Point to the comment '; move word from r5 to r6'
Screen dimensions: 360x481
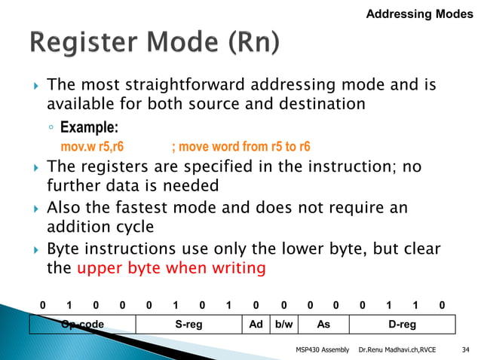pyautogui.click(x=241, y=146)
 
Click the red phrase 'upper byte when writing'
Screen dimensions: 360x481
pyautogui.click(x=171, y=267)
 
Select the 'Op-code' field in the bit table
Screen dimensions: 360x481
pyautogui.click(x=82, y=324)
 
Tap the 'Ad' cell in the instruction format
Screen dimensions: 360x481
pyautogui.click(x=256, y=324)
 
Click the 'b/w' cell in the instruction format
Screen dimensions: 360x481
pyautogui.click(x=283, y=324)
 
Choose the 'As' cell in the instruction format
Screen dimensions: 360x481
pyautogui.click(x=323, y=324)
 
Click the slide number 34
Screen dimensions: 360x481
pyautogui.click(x=465, y=349)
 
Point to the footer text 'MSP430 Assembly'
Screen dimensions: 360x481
pyautogui.click(x=323, y=349)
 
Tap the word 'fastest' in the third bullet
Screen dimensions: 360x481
pyautogui.click(x=159, y=206)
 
